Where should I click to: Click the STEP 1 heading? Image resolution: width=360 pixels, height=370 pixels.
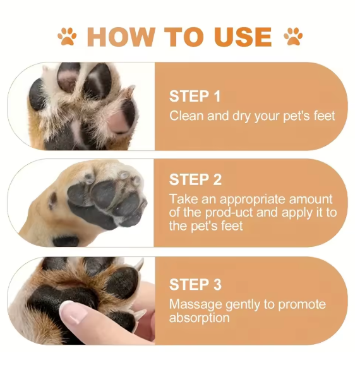(195, 97)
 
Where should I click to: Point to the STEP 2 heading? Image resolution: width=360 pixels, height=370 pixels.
(195, 180)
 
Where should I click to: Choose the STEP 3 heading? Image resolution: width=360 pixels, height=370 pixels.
(195, 284)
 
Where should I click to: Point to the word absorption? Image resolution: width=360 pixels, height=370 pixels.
(199, 318)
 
